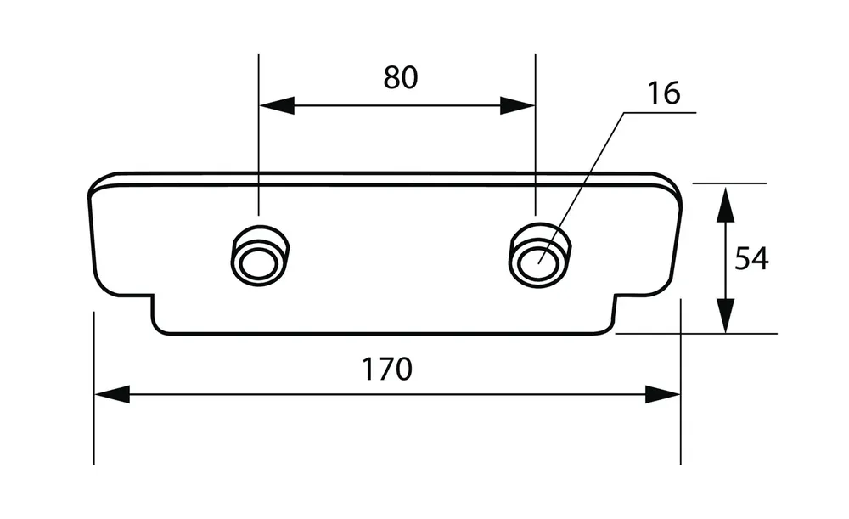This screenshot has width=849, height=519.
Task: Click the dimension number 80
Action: pos(401,77)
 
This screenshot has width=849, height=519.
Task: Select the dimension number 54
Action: pos(751,258)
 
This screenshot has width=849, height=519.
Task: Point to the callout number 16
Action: pos(664,93)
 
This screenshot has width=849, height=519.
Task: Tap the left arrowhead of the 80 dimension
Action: pos(277,105)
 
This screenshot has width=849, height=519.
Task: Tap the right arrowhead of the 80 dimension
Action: pos(517,105)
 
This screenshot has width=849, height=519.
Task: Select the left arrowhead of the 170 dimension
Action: pos(112,394)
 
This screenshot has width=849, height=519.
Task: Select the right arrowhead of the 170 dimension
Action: pos(662,394)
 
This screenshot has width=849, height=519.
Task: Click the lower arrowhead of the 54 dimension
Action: pos(724,316)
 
